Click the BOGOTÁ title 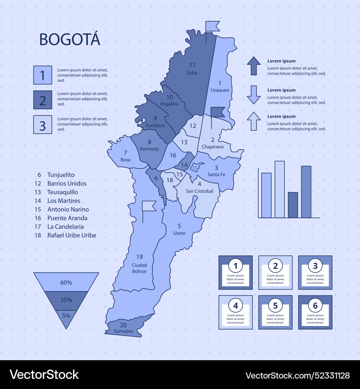click(69, 39)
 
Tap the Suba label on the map click(192, 73)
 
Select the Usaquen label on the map click(220, 90)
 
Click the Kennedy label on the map click(149, 149)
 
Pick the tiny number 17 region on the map click(194, 167)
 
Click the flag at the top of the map click(212, 27)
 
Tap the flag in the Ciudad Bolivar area click(149, 206)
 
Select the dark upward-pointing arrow click(254, 66)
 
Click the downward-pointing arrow click(254, 95)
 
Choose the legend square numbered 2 click(42, 100)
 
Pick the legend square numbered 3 click(42, 125)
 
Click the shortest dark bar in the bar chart click(293, 205)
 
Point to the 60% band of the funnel click(66, 282)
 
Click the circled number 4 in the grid click(235, 306)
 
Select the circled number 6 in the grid click(315, 306)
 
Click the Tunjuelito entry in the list click(61, 175)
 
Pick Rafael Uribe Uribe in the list click(72, 235)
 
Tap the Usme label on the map click(179, 233)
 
